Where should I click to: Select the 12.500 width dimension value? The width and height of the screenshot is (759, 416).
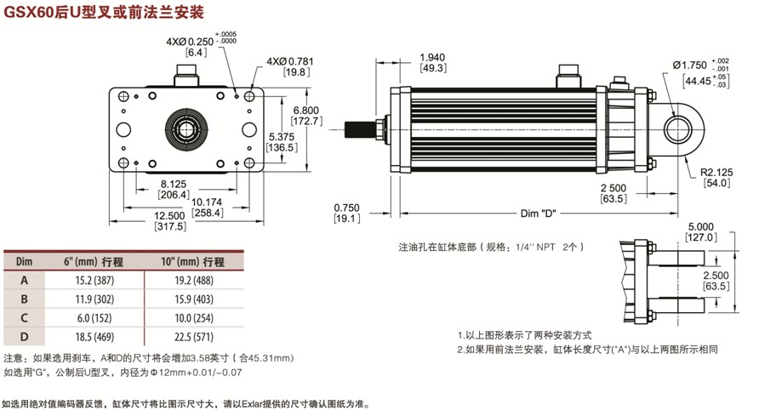pos(171,216)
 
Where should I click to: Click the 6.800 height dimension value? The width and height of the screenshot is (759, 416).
pos(305,110)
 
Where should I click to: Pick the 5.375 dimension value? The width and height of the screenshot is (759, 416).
pos(282,135)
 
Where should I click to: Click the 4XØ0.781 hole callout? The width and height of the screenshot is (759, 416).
pos(289,61)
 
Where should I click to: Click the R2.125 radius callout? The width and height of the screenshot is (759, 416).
pos(716,172)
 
